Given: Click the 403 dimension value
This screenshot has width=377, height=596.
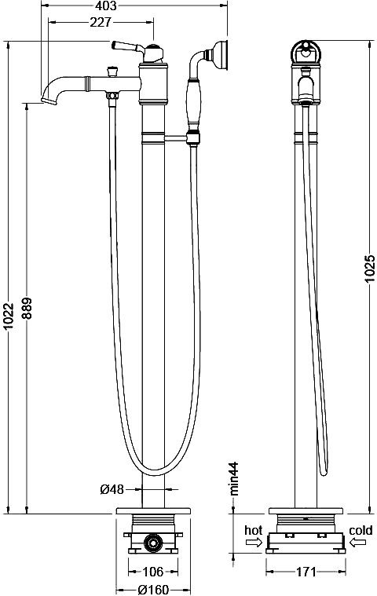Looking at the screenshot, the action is (106, 5).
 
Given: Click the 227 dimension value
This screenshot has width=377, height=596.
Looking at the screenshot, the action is (101, 23).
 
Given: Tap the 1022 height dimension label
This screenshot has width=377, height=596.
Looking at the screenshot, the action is (9, 316).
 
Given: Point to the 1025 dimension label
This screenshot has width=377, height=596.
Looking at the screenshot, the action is (370, 269).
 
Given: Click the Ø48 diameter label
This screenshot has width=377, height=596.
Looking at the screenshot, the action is (112, 489).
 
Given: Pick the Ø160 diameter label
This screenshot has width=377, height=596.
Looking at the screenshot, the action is (152, 591).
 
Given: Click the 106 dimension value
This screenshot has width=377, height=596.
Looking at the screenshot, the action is (153, 572).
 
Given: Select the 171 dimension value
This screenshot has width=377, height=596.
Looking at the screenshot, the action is (306, 572).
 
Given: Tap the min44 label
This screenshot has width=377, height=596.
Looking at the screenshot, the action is (234, 478).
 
